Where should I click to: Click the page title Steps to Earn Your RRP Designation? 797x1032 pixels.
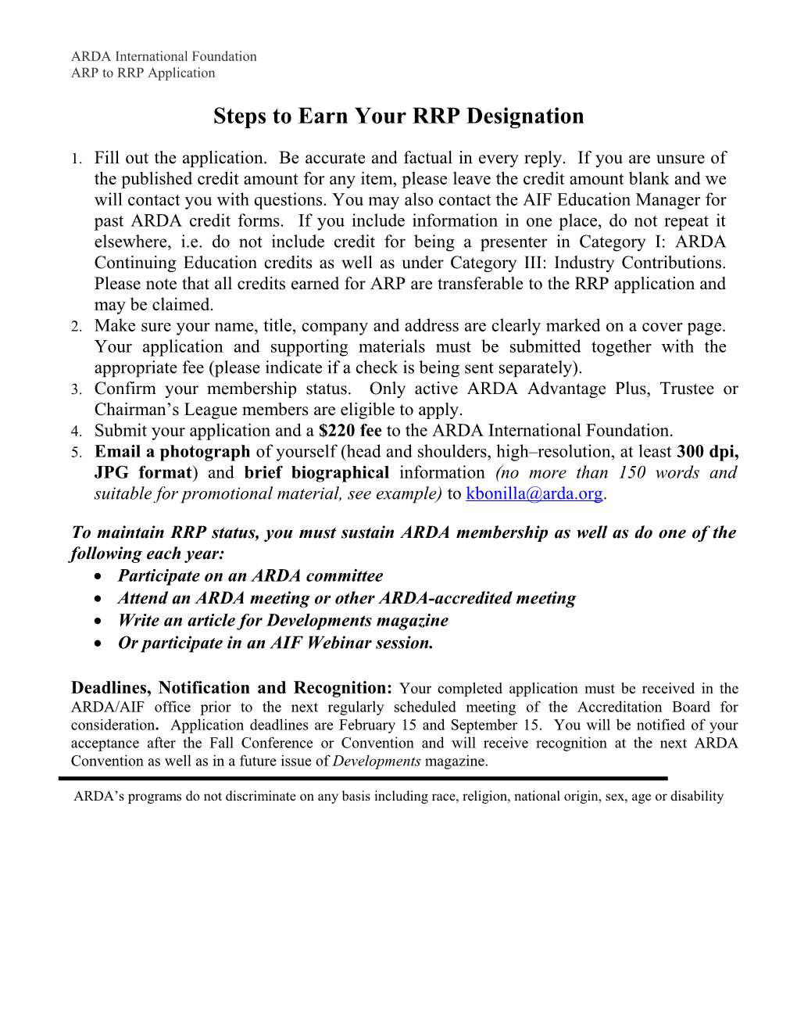pyautogui.click(x=398, y=116)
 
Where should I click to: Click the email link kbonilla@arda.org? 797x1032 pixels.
pyautogui.click(x=534, y=494)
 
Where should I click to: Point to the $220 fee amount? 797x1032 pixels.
pyautogui.click(x=350, y=431)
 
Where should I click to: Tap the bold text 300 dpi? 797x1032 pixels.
pyautogui.click(x=707, y=452)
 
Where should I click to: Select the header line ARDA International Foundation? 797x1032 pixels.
pyautogui.click(x=163, y=56)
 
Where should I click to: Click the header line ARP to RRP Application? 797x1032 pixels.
pyautogui.click(x=143, y=73)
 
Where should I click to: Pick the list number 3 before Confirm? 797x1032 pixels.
pyautogui.click(x=75, y=390)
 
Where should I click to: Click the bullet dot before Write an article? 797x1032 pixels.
pyautogui.click(x=97, y=622)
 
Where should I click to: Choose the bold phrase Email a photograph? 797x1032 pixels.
pyautogui.click(x=172, y=452)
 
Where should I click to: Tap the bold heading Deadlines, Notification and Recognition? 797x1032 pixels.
pyautogui.click(x=231, y=688)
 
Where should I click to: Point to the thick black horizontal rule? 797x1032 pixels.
pyautogui.click(x=363, y=779)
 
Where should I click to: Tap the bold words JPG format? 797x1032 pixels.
pyautogui.click(x=144, y=473)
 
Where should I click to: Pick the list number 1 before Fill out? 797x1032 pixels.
pyautogui.click(x=75, y=159)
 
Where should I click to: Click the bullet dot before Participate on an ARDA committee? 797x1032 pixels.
pyautogui.click(x=97, y=577)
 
